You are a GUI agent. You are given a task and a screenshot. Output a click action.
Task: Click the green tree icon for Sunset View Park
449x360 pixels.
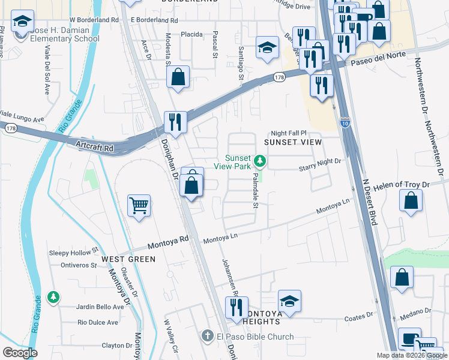coord(260,160)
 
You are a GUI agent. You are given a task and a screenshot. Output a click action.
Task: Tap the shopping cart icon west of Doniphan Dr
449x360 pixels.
coord(139,206)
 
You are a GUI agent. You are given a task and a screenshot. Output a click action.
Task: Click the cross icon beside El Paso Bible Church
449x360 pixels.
coord(207,337)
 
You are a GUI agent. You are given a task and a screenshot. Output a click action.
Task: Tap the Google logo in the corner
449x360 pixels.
coord(20,353)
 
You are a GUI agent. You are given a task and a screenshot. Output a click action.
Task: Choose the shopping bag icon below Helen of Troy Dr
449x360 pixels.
coord(411,202)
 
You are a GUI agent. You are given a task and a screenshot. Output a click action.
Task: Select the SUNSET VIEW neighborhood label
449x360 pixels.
coord(293,142)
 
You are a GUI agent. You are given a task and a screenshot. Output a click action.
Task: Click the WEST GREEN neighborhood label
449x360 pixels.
coord(128,259)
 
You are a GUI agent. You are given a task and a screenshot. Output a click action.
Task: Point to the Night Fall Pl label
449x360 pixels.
coord(289,133)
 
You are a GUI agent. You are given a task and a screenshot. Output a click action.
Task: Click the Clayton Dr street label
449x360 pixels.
coord(117,346)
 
